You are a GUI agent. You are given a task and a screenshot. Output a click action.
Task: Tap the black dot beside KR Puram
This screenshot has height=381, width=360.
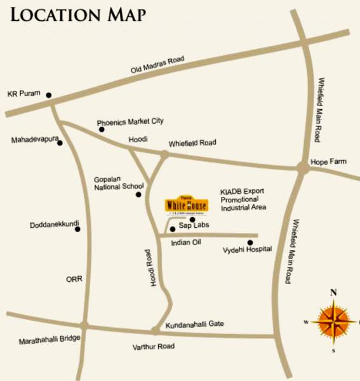49,96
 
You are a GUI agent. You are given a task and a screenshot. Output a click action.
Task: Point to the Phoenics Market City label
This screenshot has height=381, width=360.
130,121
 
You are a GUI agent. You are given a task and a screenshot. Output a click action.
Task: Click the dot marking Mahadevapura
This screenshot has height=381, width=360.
60,143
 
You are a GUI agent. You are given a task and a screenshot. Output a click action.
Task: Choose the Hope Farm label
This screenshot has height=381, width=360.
328,162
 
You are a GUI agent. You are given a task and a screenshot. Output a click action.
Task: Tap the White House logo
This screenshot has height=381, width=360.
182,204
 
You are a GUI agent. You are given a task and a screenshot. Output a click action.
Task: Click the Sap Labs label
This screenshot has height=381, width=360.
194,225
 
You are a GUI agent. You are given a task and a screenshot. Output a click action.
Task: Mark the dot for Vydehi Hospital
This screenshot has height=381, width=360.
250,243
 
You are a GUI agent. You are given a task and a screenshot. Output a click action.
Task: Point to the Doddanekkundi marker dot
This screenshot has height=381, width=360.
78,229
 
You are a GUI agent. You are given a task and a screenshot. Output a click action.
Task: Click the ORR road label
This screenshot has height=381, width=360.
74,279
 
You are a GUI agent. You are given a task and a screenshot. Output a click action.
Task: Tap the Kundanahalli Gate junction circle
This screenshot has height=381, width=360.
156,330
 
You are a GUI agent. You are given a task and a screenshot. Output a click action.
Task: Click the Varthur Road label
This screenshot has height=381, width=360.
154,347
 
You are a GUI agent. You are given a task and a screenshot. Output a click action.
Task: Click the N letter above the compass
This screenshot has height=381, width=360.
333,293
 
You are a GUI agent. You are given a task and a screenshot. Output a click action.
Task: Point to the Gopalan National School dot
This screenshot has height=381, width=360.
138,194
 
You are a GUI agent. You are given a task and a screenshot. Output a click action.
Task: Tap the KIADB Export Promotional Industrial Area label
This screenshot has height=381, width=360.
243,199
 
